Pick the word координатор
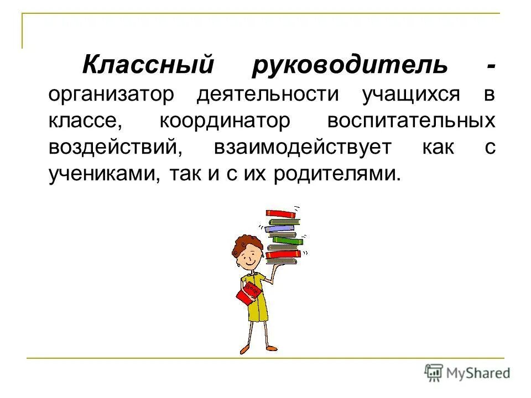point(224,122)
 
